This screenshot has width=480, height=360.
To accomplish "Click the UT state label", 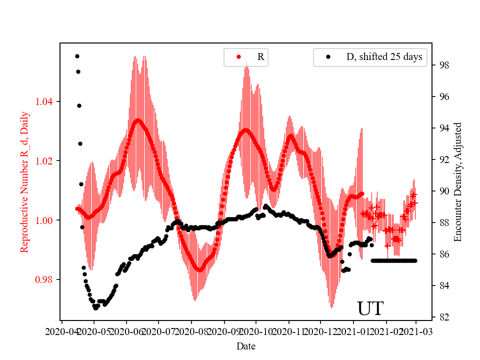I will [370, 308].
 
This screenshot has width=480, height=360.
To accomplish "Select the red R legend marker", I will [238, 57].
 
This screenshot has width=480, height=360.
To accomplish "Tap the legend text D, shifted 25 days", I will [384, 57].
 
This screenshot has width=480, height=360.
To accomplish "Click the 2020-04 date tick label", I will [61, 331].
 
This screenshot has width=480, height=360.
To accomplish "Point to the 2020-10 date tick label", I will [256, 331].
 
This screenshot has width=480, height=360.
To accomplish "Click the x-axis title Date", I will [246, 346].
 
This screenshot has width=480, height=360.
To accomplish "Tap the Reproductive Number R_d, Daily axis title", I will [24, 182].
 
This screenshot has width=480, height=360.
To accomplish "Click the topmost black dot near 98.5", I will [77, 56].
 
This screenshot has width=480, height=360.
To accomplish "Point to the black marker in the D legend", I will [328, 57].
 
